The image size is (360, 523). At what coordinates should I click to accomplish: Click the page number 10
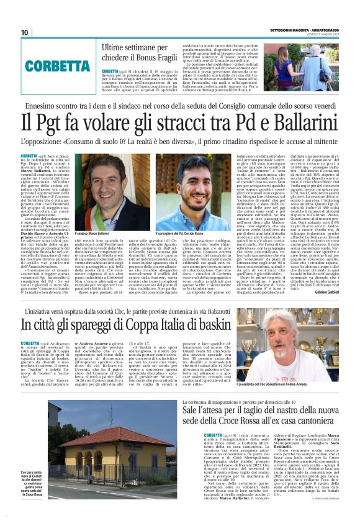[25, 32]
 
